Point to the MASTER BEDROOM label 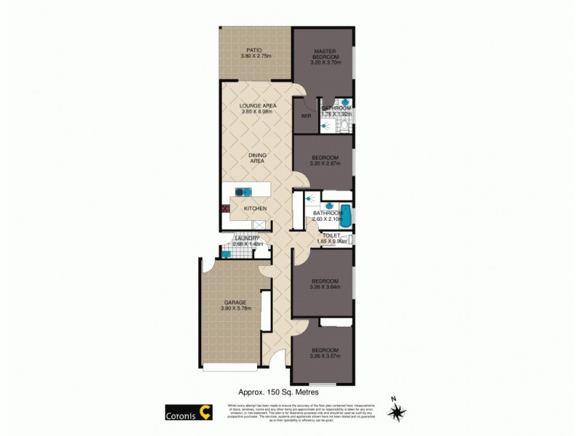click(x=323, y=54)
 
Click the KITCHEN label click(x=255, y=209)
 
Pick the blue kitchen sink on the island click(x=243, y=193)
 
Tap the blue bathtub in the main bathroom click(x=347, y=217)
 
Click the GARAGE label click(x=235, y=302)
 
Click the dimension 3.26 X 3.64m click(x=324, y=286)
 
